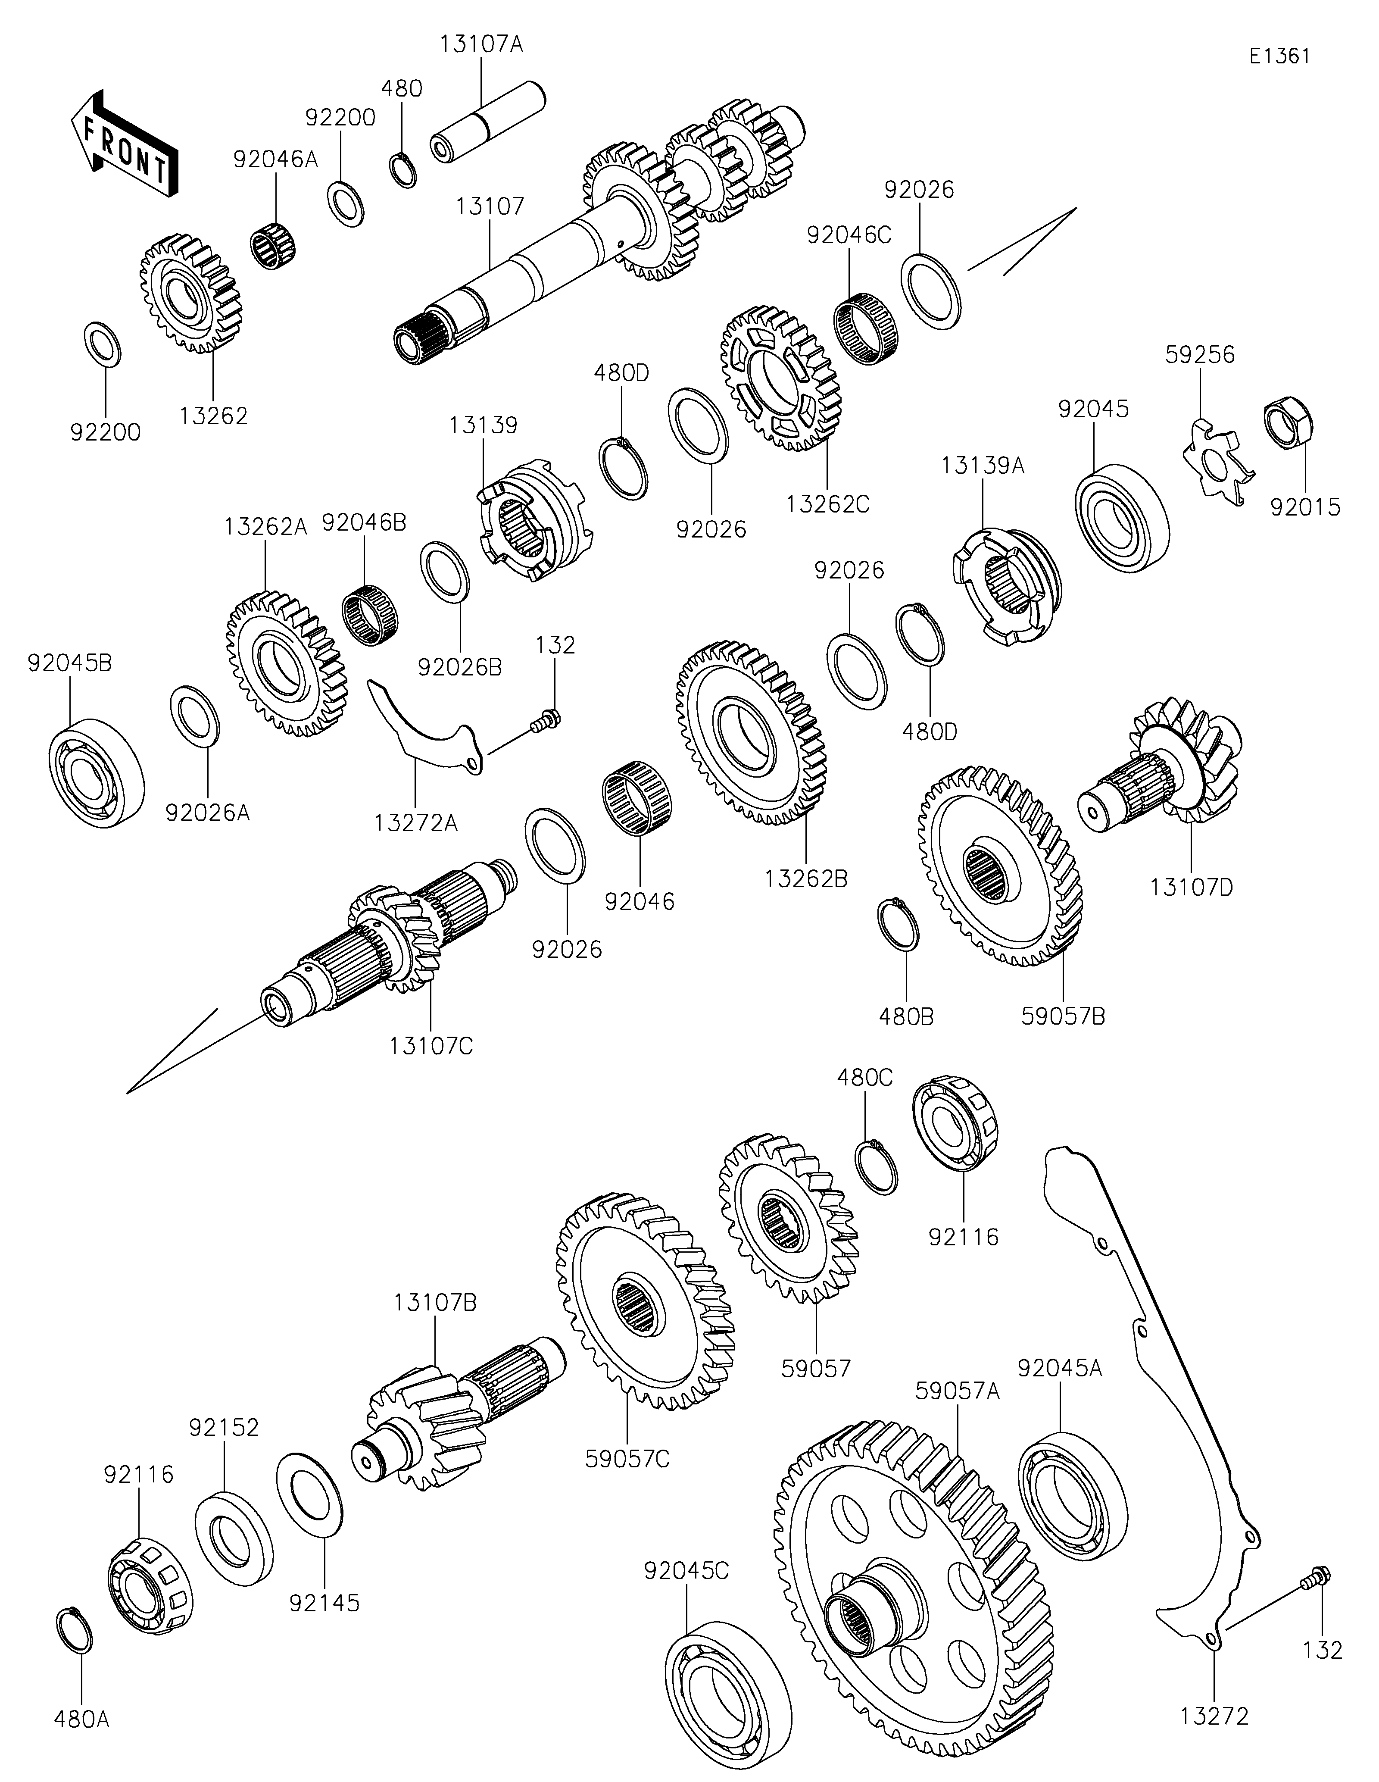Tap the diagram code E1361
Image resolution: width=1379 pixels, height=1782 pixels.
click(x=1279, y=56)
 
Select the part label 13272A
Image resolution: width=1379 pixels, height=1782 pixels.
click(x=416, y=824)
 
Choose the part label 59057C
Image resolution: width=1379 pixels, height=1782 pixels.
click(x=627, y=1458)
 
